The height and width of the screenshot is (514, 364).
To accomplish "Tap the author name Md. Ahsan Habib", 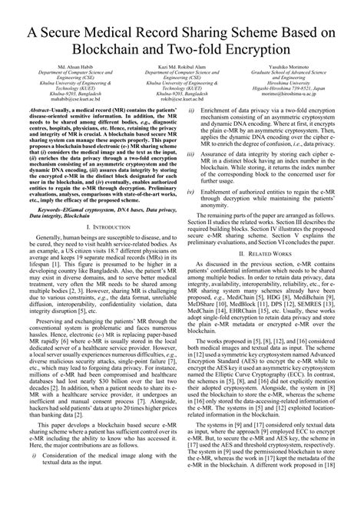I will point(58,69).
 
